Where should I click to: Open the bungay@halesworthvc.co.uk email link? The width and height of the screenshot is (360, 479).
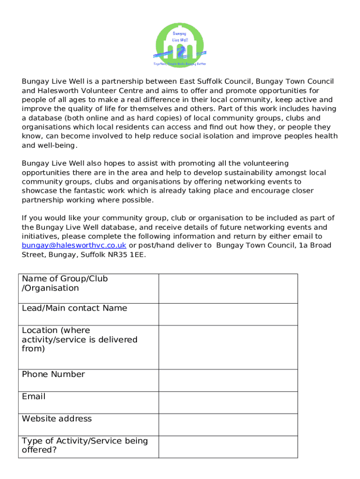74,246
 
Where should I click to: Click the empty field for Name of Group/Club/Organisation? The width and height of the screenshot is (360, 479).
228,288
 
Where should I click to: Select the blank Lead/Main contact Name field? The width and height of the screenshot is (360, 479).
228,314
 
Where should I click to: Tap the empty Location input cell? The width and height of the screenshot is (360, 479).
228,347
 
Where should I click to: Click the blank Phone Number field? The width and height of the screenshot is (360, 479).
228,380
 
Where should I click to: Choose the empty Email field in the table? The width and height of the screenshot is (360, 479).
228,402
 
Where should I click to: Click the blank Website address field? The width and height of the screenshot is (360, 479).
228,424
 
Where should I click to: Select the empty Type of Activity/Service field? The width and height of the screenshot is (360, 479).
228,446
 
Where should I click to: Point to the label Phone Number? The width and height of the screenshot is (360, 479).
53,374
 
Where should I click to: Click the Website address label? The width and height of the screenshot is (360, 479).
57,419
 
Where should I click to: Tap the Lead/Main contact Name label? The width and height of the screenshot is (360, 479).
74,308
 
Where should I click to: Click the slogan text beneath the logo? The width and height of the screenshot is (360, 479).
180,64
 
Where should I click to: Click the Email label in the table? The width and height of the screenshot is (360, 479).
34,397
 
